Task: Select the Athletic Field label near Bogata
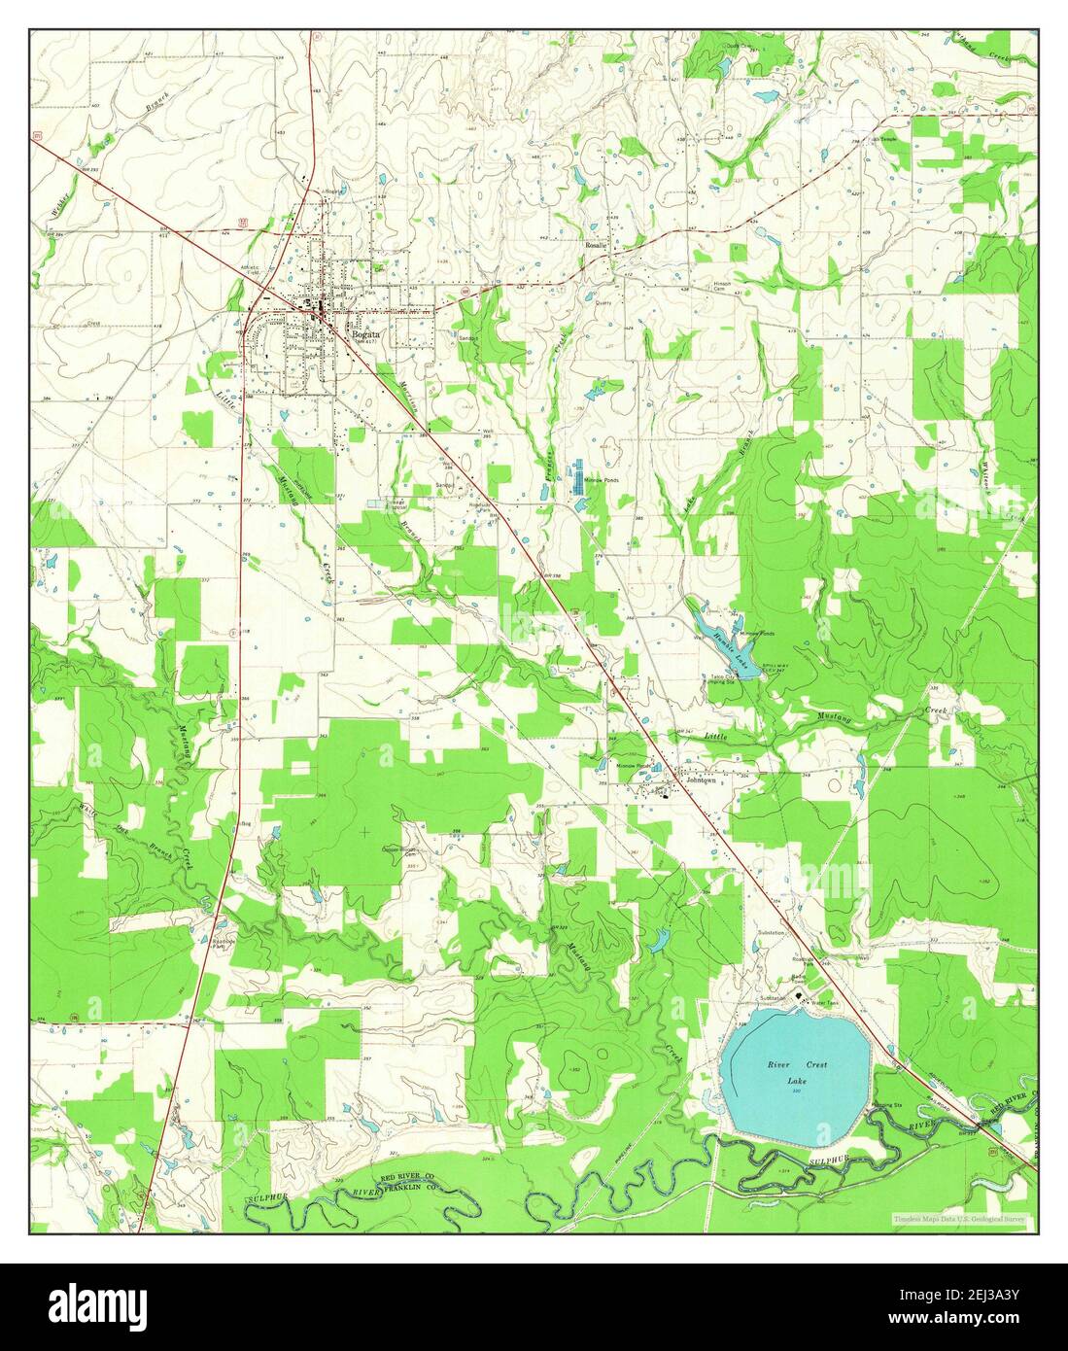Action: click(252, 273)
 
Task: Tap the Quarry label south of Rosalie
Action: click(607, 301)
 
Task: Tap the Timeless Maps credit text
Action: click(963, 1219)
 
